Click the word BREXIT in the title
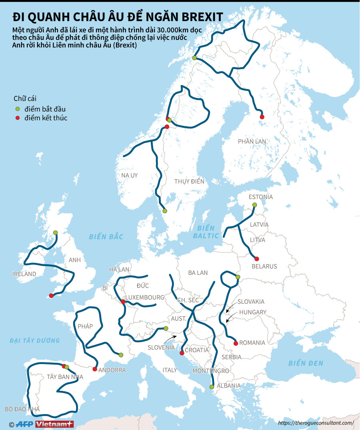202,17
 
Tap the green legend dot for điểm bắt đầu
17,109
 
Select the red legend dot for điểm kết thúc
17,118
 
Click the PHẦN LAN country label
252,141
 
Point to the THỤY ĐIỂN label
189,181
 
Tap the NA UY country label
129,175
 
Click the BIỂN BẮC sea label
106,237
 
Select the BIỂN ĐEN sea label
306,363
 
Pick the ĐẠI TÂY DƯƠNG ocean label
35,340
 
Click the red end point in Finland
262,117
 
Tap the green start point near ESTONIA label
254,205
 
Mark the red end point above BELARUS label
257,259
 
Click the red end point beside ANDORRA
95,369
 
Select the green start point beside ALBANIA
212,386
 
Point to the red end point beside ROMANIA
236,343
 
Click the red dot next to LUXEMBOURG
123,302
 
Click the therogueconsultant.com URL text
316,422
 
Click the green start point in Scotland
55,233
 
